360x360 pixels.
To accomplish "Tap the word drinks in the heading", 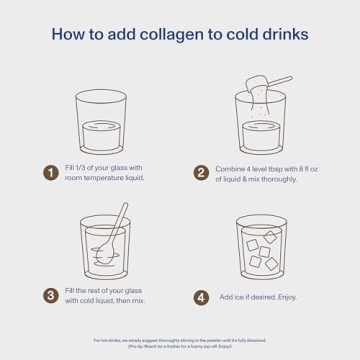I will click(x=285, y=35).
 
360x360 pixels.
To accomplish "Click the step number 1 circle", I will click(x=51, y=172).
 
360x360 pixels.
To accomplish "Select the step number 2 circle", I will click(x=201, y=172).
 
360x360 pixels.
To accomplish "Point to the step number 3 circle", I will click(x=51, y=295).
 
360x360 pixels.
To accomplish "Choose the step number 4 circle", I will click(x=201, y=296).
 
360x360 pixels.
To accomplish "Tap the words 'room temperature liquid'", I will click(x=105, y=178).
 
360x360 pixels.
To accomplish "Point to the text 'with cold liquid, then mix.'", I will click(x=106, y=301).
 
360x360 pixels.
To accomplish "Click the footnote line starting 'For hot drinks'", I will click(x=180, y=340).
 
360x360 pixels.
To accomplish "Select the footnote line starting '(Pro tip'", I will click(x=180, y=346).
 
